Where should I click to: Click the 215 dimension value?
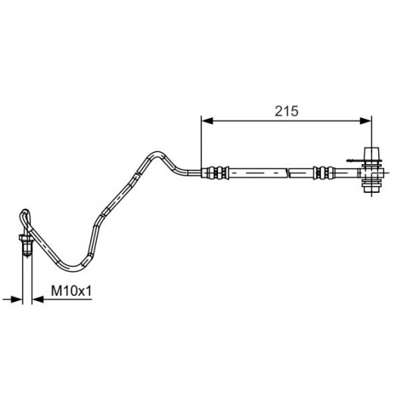[x=287, y=111]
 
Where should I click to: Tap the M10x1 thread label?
[x=71, y=291]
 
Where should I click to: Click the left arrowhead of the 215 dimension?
[x=207, y=121]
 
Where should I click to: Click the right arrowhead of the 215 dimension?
[x=365, y=121]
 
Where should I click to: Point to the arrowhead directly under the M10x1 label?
[x=38, y=299]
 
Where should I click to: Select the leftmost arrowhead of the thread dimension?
[x=17, y=299]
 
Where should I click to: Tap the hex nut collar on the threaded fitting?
[x=26, y=238]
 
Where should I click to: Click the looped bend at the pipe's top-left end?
[x=25, y=217]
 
